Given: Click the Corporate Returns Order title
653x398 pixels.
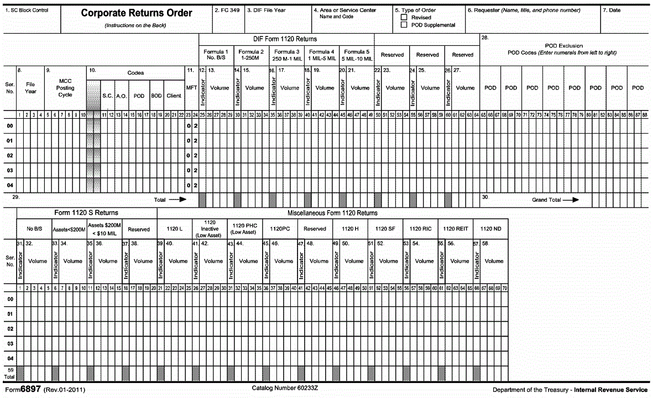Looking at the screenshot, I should click(137, 13).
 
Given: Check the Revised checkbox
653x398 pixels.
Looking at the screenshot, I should click(404, 18).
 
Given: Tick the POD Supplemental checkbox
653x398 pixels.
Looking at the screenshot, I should click(404, 25).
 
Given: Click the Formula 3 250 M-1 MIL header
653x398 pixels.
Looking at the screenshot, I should click(286, 55).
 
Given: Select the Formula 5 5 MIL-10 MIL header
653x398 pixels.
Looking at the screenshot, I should click(357, 55).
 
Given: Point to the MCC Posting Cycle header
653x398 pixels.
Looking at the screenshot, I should click(65, 87).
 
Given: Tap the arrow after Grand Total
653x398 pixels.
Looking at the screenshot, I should click(572, 200).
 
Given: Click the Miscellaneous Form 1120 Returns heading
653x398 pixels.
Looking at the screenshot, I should click(332, 213).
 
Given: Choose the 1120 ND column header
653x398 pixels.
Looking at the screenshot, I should click(490, 228).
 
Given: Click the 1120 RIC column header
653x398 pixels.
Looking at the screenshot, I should click(420, 228).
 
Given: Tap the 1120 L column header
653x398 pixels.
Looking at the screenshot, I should click(175, 228).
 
